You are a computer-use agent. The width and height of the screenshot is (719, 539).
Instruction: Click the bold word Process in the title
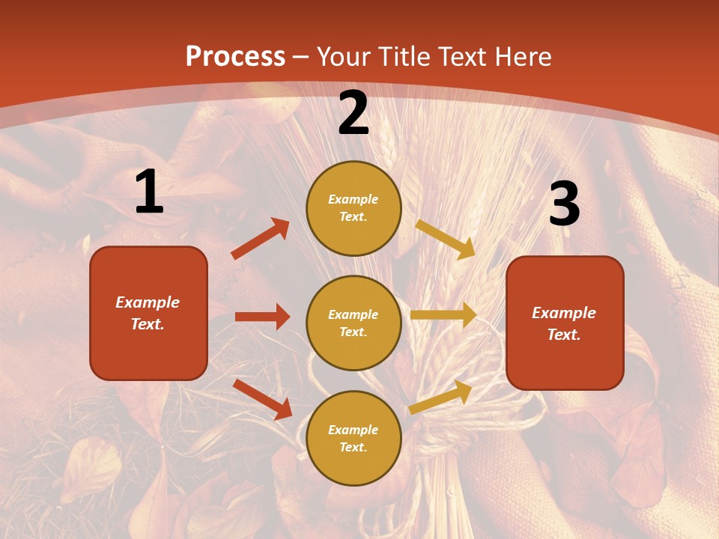(235, 56)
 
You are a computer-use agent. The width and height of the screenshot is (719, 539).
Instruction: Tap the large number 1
(149, 192)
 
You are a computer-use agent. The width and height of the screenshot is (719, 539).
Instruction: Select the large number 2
(354, 113)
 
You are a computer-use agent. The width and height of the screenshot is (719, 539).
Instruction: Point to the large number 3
(564, 204)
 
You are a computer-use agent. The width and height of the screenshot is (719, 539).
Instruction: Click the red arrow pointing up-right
(260, 239)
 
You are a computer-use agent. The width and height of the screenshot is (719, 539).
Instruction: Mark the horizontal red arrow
(262, 317)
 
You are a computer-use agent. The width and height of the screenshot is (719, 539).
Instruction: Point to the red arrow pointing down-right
(262, 399)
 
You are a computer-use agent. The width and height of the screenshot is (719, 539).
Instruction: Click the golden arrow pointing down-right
(446, 239)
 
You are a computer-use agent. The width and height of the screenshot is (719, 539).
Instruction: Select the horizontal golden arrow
(443, 315)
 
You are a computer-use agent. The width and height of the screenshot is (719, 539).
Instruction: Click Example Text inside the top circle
(354, 208)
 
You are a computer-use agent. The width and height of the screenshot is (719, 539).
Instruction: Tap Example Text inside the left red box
(148, 313)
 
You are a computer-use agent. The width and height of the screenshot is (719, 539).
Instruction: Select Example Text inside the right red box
(565, 323)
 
